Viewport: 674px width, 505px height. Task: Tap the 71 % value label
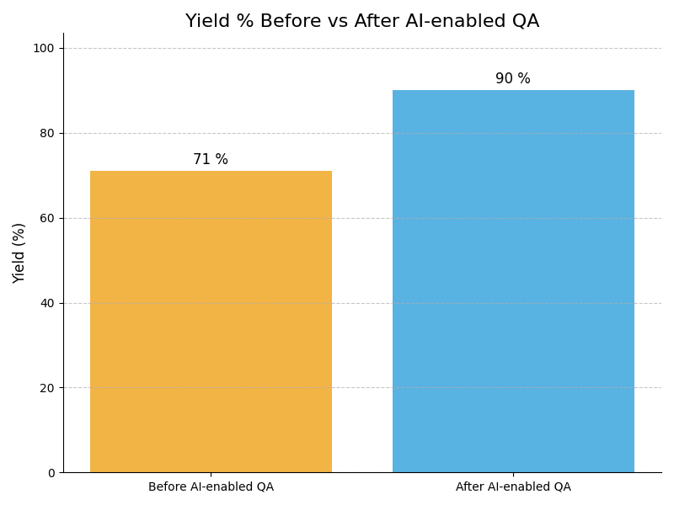(x=211, y=160)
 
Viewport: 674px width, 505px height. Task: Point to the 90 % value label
(x=513, y=79)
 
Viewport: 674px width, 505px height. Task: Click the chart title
(x=362, y=22)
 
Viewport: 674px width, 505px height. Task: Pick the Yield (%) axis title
(x=19, y=252)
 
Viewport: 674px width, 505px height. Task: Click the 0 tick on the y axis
(x=51, y=473)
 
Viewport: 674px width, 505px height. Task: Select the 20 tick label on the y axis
(x=47, y=388)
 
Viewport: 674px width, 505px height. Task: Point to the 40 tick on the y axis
(x=47, y=303)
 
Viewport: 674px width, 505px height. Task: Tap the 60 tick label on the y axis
(x=47, y=218)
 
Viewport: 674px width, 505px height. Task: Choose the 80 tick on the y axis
(x=47, y=133)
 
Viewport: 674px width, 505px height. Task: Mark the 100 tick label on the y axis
(x=44, y=49)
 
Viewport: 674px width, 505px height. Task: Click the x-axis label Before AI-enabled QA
(x=211, y=487)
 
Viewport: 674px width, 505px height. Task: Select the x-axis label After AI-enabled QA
(x=513, y=487)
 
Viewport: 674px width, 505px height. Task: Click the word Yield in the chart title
(x=206, y=22)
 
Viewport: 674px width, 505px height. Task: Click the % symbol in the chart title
(x=243, y=22)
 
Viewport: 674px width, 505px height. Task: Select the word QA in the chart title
(x=525, y=22)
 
